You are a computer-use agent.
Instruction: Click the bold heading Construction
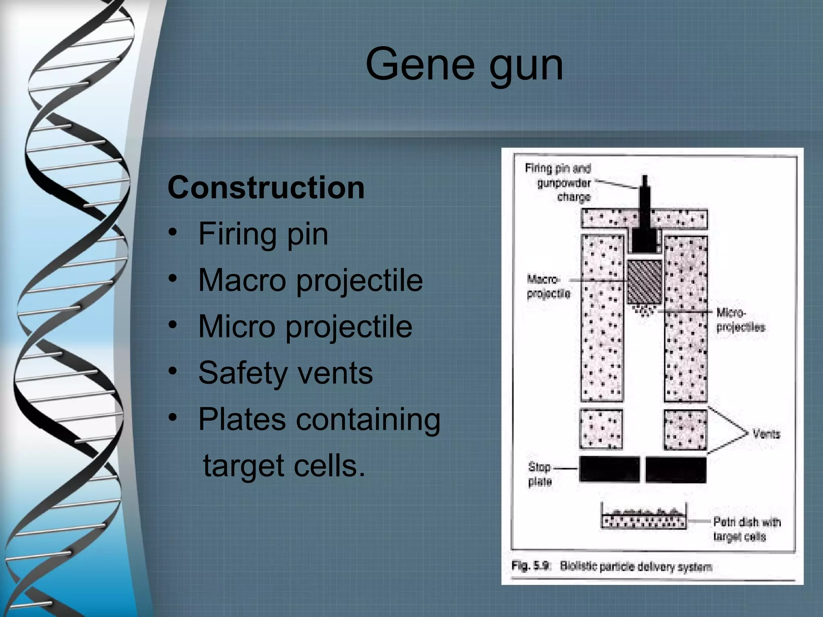click(266, 188)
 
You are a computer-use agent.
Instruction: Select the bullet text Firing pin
click(263, 234)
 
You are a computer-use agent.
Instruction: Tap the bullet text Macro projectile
click(310, 280)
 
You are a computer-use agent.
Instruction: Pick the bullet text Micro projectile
click(305, 326)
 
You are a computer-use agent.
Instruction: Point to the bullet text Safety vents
click(285, 373)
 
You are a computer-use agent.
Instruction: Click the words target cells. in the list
click(284, 466)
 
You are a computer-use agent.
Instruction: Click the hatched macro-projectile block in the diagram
click(644, 282)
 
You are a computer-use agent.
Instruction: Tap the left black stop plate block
click(609, 469)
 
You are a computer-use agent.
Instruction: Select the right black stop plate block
click(676, 469)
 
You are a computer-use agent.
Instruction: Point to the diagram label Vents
click(766, 434)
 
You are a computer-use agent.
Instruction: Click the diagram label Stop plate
click(540, 474)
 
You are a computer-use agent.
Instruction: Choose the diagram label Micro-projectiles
click(740, 320)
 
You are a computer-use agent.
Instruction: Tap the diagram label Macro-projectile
click(548, 286)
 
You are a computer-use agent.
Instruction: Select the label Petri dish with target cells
click(746, 529)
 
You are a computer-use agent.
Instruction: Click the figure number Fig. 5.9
click(530, 566)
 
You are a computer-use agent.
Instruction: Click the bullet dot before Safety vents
click(173, 372)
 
